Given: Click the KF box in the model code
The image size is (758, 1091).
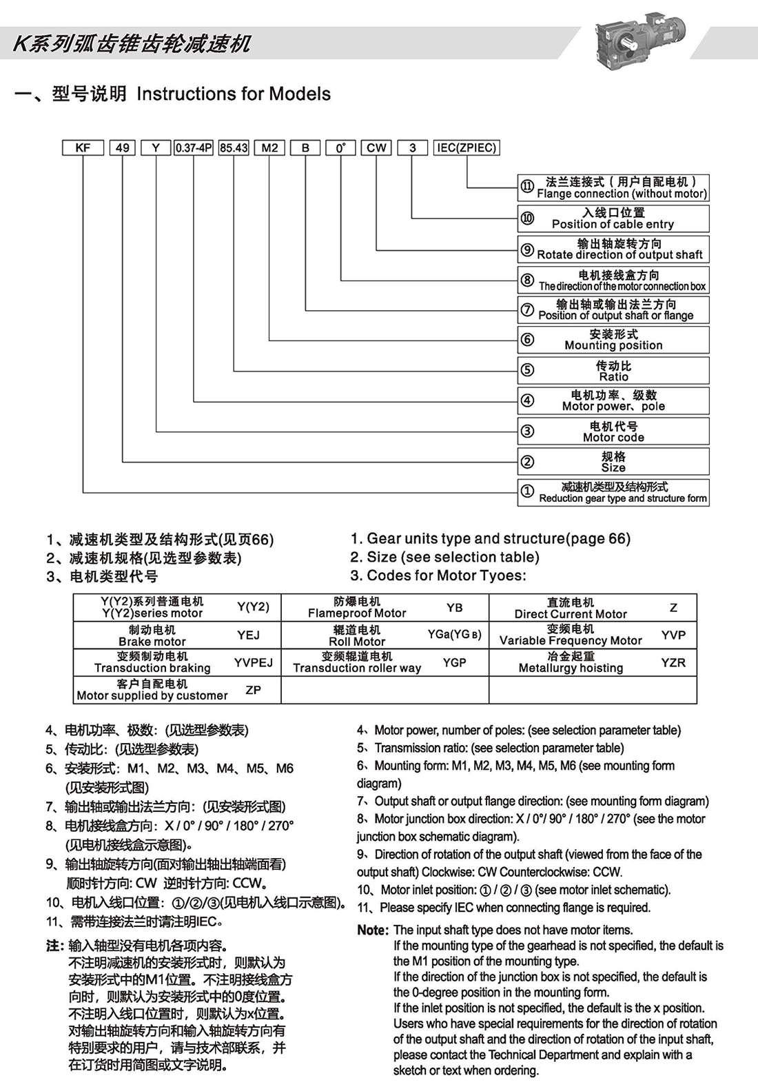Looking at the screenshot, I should point(83,147).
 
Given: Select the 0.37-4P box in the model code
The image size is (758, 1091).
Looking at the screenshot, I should point(193,147).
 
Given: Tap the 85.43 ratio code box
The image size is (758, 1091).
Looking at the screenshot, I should point(234,147).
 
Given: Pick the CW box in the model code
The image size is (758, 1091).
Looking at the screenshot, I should point(376,147).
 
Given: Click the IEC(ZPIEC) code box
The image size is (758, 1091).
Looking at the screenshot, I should point(467,147).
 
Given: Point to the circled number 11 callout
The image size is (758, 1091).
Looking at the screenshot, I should point(527,187).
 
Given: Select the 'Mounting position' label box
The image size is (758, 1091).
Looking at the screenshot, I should point(613,340).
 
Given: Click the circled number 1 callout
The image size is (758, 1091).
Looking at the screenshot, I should point(527,491).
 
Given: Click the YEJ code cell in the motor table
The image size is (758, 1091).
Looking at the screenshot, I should point(249,635).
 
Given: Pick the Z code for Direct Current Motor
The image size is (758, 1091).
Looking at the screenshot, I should point(673,607).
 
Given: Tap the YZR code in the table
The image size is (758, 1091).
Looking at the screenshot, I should point(673,662).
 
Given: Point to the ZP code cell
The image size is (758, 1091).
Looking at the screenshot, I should point(253,689).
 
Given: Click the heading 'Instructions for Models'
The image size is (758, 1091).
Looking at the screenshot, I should point(234,94).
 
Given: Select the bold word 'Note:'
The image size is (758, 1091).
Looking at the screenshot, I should point(373,930).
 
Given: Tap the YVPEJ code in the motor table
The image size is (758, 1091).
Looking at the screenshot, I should point(253,662).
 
